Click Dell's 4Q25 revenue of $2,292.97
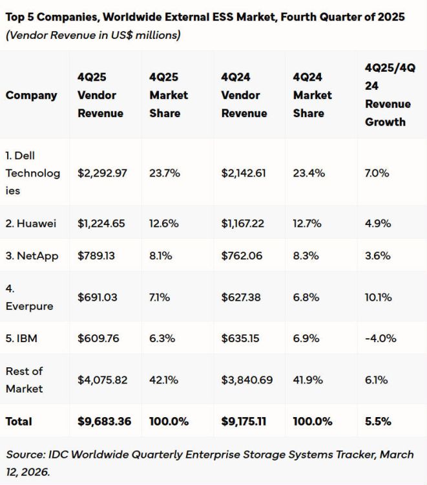click(101, 173)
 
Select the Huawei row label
click(31, 223)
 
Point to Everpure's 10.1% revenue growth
click(378, 297)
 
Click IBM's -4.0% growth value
click(380, 338)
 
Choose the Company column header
click(31, 95)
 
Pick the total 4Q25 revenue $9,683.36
click(104, 421)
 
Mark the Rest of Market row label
click(25, 380)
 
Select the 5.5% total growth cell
click(377, 421)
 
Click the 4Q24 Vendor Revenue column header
click(244, 95)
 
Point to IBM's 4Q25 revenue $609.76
click(98, 338)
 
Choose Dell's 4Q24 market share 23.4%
click(309, 173)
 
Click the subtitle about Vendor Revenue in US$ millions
click(93, 34)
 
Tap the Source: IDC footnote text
click(209, 463)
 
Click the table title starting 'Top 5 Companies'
click(205, 17)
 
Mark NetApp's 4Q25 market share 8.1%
click(160, 255)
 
